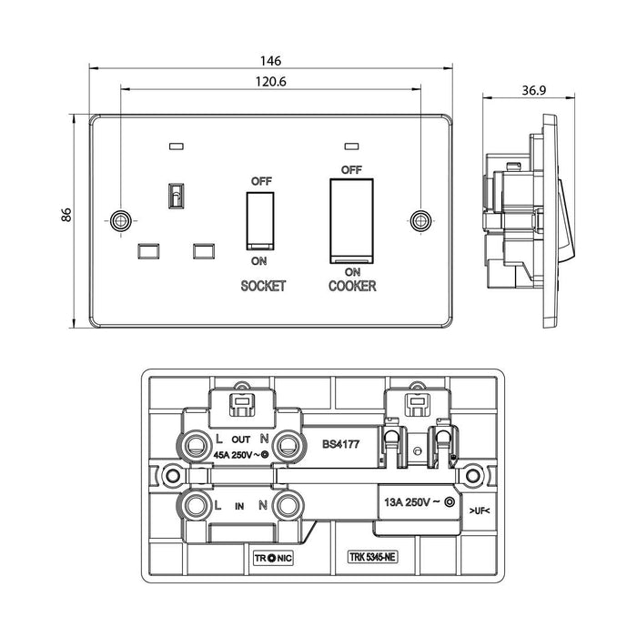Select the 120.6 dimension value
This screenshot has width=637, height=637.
270,81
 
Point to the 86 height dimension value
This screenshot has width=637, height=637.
66,216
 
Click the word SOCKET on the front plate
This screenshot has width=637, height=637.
263,286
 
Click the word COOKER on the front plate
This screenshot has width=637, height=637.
352,286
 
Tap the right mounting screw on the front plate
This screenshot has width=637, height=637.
420,219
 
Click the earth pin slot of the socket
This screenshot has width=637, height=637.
174,195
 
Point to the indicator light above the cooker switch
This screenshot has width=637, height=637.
351,146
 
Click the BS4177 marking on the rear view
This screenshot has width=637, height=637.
340,446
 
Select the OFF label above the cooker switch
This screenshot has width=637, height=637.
351,170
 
